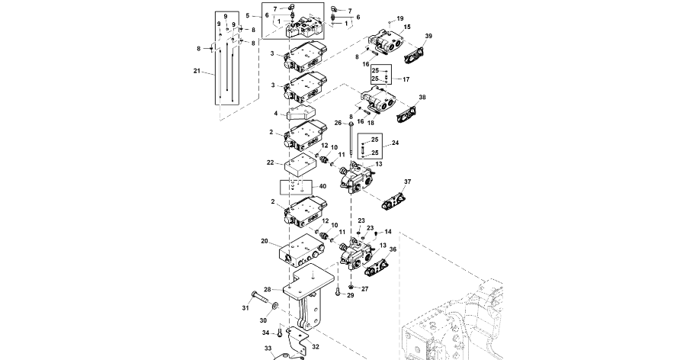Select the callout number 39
428,36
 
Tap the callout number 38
422,98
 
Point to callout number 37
407,182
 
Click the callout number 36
393,249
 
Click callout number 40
322,186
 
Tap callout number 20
265,241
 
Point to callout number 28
268,289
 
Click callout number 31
246,307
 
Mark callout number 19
400,18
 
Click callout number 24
395,143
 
